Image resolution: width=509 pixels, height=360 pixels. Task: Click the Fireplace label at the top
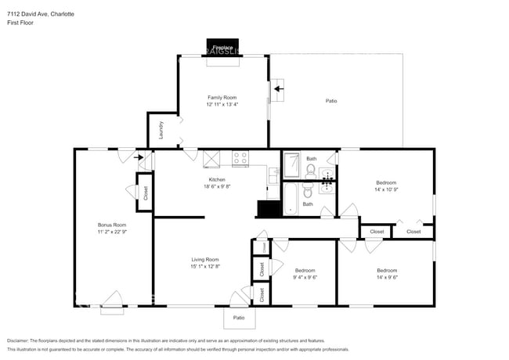tap(222, 48)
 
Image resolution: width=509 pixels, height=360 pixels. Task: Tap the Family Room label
tap(222, 97)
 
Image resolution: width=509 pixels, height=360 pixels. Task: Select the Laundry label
tap(161, 130)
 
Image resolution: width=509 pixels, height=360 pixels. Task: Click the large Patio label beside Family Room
tap(331, 101)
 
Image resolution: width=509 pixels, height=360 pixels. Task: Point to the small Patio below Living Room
tap(240, 318)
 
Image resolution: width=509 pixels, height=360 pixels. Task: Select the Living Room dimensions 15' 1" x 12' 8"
tap(205, 267)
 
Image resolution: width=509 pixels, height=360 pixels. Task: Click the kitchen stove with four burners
tap(240, 159)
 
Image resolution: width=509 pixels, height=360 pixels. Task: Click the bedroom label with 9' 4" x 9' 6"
tap(305, 270)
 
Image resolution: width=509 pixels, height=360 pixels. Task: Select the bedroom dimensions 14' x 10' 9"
tap(386, 189)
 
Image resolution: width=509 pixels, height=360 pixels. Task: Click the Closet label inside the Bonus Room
tap(145, 193)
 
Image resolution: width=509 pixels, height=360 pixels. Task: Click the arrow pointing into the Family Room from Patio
tap(279, 89)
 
